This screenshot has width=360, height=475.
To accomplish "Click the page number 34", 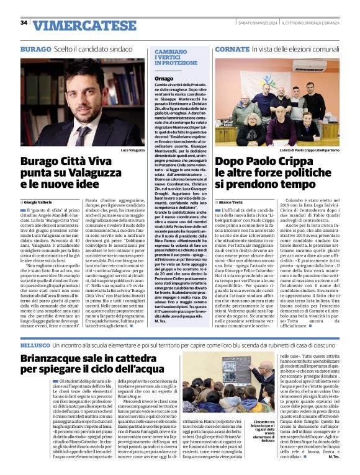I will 24,23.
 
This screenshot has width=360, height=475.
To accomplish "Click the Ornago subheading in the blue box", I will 164,79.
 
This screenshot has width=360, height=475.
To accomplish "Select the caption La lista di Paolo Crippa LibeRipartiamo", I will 315,150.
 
